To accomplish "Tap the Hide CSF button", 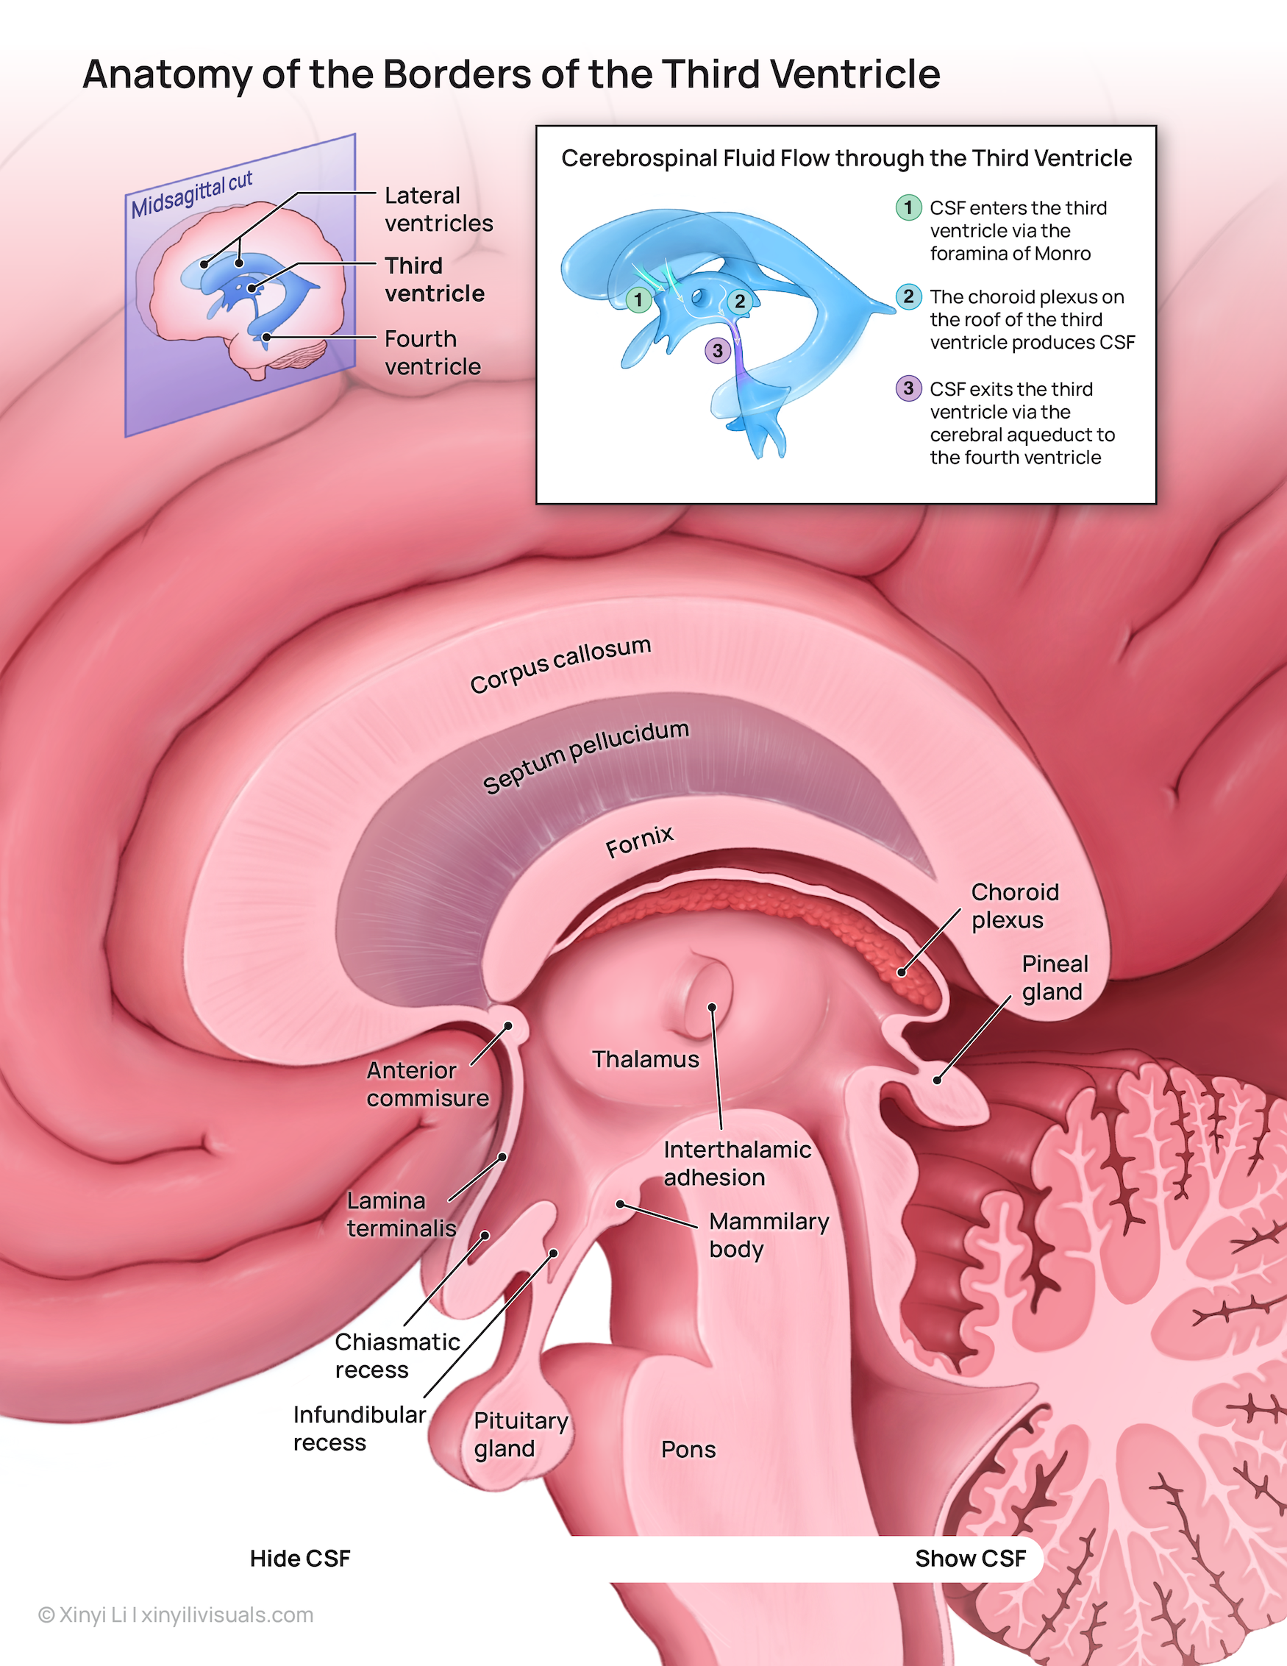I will pyautogui.click(x=300, y=1559).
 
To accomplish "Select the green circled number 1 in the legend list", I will pyautogui.click(x=908, y=207).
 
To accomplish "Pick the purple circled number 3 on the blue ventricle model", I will pyautogui.click(x=717, y=351).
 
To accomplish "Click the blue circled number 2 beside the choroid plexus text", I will pyautogui.click(x=908, y=296).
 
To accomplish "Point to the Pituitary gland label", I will pyautogui.click(x=520, y=1434).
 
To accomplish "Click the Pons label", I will pyautogui.click(x=688, y=1449).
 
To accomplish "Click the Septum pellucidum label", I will pyautogui.click(x=586, y=756).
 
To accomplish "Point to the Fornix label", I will pyautogui.click(x=639, y=841).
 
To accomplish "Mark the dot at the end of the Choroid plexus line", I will pyautogui.click(x=902, y=972).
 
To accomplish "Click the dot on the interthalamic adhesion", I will pyautogui.click(x=712, y=1008).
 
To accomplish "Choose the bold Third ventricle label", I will pyautogui.click(x=434, y=280).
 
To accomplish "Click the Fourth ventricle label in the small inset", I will pyautogui.click(x=432, y=352).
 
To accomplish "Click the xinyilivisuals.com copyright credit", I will pyautogui.click(x=176, y=1615).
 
